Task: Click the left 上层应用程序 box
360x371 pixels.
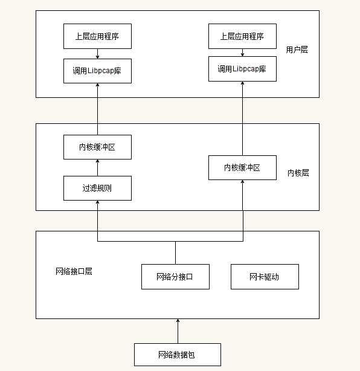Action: [97, 36]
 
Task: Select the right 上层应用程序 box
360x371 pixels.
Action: [242, 36]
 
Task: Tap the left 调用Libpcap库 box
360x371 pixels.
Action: [97, 71]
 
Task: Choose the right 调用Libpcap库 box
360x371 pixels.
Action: [242, 69]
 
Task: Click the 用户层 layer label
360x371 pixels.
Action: [297, 50]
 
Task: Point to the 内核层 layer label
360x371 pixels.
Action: [298, 173]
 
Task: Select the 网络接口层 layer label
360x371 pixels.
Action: [74, 271]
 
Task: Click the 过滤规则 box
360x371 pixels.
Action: [97, 188]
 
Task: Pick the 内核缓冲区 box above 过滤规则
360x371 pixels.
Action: [97, 147]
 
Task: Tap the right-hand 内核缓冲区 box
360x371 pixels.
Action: [242, 167]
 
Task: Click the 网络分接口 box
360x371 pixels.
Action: [175, 277]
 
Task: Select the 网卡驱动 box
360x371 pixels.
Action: [265, 277]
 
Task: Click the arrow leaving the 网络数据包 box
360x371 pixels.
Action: [178, 331]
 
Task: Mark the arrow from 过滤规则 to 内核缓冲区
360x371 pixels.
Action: [97, 167]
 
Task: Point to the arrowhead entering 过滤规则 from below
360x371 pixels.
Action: [97, 204]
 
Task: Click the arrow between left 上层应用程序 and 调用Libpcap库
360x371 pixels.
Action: [97, 54]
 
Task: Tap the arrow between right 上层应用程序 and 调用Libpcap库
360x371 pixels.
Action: [242, 53]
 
